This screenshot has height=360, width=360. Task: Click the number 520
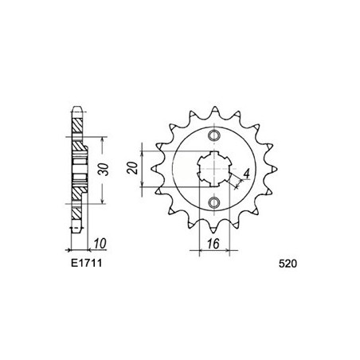click(x=292, y=260)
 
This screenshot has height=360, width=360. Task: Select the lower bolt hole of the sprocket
click(x=213, y=204)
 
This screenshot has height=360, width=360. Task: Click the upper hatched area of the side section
click(x=76, y=127)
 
